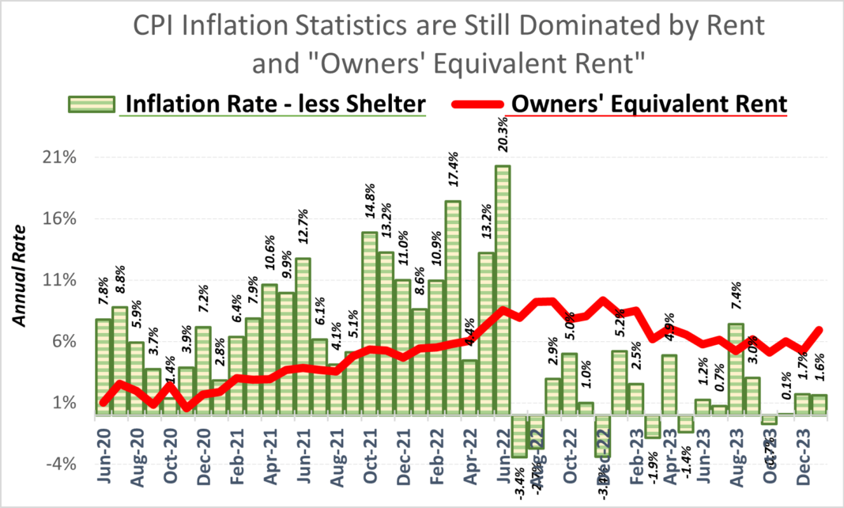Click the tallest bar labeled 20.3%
pyautogui.click(x=503, y=289)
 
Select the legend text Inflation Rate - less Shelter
pyautogui.click(x=273, y=104)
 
